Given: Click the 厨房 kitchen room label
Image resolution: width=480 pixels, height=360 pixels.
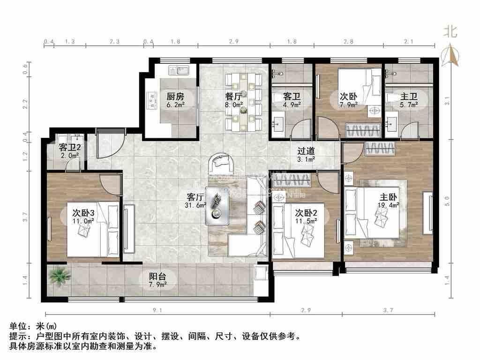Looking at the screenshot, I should (175, 97).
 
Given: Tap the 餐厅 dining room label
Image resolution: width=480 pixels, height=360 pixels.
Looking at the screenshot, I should (233, 97).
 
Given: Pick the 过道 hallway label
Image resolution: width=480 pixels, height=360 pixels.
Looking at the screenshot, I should (306, 151).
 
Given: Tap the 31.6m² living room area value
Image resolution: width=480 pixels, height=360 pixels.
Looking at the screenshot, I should (196, 205).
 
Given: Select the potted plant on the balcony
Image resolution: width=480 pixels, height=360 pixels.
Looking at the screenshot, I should (60, 275).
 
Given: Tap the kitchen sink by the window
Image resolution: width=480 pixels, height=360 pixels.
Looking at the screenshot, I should (178, 71).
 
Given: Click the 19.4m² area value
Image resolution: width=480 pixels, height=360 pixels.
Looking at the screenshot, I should (389, 205).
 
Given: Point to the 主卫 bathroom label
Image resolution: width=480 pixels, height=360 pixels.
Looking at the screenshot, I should (407, 97).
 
